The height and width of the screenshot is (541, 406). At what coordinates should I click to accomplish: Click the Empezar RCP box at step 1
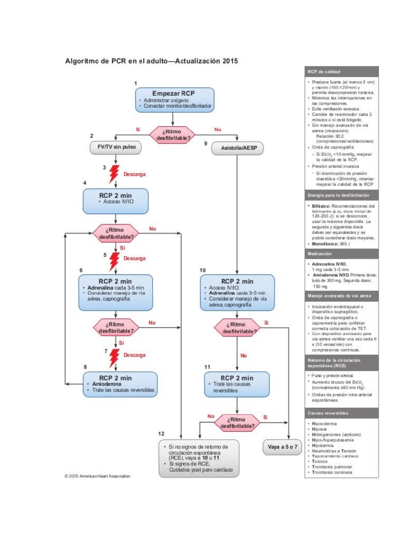coord(174,99)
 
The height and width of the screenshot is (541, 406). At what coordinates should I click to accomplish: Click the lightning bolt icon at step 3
coord(114,174)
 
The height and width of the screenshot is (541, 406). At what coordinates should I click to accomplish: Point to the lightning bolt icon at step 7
coord(114,358)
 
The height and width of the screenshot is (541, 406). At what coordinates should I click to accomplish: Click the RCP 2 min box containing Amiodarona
coord(120,384)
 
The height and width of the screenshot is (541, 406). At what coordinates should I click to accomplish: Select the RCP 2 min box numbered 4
coord(115,200)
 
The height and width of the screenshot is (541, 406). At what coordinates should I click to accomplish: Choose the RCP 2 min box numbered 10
coord(237,292)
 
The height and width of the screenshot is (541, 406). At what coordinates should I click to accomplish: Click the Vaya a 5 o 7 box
coord(283,447)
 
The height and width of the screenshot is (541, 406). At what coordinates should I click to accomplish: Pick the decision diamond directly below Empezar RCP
coord(173,134)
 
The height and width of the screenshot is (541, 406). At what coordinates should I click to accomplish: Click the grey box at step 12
coord(198,458)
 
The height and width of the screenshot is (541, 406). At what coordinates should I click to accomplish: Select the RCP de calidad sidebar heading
coord(342,71)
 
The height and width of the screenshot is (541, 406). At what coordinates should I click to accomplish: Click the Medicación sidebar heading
coord(342,254)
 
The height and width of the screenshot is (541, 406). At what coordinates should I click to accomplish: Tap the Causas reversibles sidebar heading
coord(342,413)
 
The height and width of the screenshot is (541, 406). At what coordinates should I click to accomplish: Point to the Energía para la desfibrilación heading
coord(342,195)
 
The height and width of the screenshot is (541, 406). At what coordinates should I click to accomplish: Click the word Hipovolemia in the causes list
coord(326,424)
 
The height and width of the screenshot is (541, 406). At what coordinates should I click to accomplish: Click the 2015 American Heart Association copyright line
coord(97,476)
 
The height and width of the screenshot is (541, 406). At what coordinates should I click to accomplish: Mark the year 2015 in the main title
coord(227,61)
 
